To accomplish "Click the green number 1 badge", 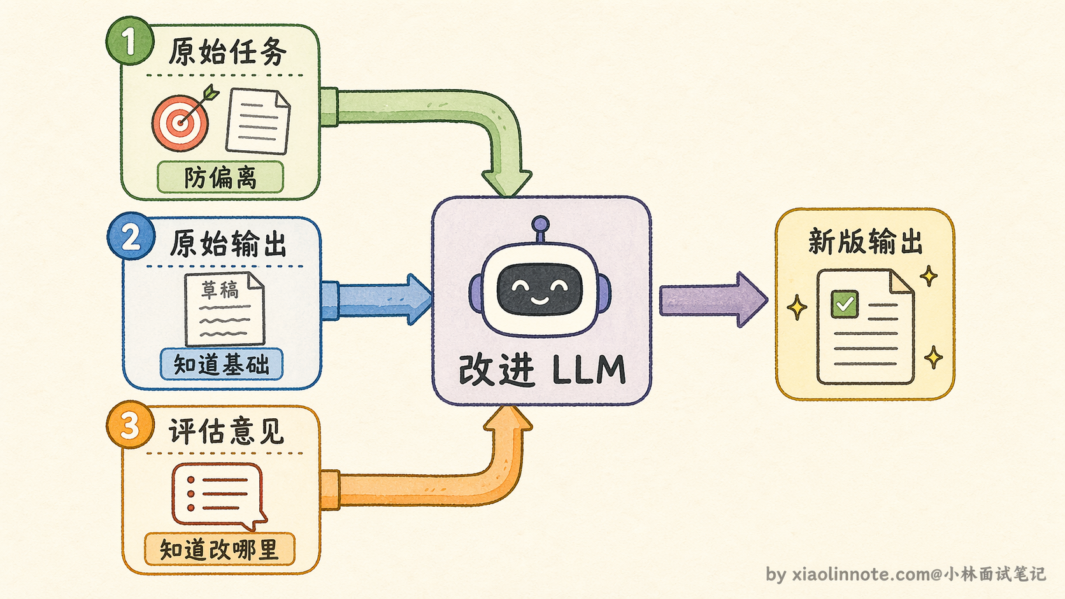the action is (129, 40).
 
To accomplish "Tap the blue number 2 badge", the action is (131, 236).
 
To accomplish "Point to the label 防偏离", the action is (220, 178).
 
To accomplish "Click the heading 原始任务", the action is (227, 52).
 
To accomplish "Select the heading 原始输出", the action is (228, 243).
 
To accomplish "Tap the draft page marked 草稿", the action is (224, 309).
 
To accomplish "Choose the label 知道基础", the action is (222, 364).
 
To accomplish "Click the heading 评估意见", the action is (226, 432).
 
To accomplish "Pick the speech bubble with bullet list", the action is (218, 496).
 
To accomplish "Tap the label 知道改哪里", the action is (219, 549).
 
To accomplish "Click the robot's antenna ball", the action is (541, 223).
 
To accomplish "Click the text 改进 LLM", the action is (542, 370).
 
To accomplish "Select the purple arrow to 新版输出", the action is (713, 300).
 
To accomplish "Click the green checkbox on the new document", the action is (845, 304).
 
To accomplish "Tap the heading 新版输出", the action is (865, 241).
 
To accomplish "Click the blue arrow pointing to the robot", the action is (376, 300).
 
